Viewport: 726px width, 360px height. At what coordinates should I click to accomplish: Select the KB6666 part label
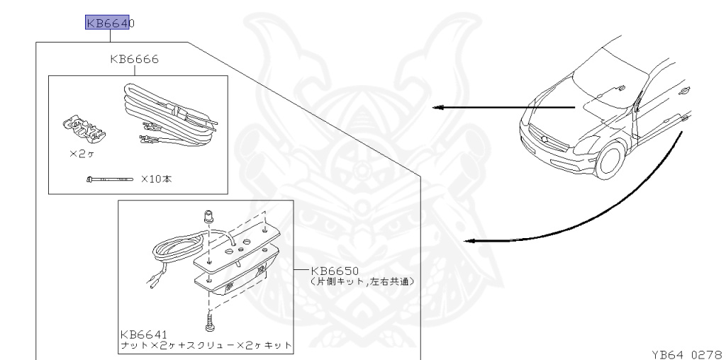click(x=134, y=59)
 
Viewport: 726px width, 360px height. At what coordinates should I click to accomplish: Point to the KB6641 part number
click(x=144, y=333)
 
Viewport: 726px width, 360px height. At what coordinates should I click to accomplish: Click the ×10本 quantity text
click(x=156, y=179)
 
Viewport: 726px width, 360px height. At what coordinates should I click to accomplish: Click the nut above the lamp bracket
click(x=210, y=215)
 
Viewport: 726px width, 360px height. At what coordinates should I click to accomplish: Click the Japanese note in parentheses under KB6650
click(x=362, y=281)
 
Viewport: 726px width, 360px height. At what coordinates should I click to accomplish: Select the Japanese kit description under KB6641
click(x=206, y=344)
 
